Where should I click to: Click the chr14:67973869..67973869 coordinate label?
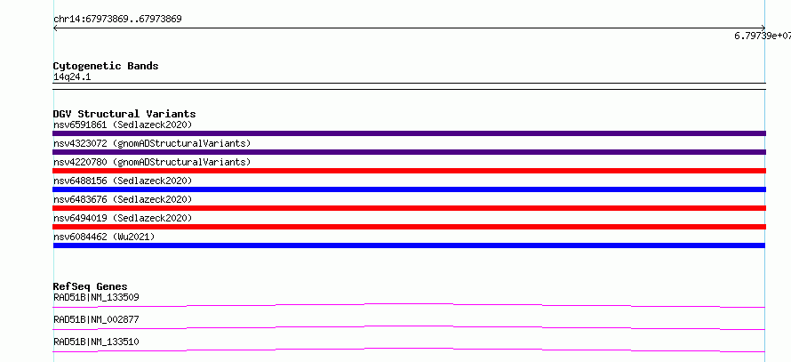pyautogui.click(x=117, y=20)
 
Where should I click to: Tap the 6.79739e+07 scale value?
pyautogui.click(x=763, y=36)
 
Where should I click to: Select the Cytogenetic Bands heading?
pyautogui.click(x=106, y=66)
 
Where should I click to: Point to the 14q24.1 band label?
pyautogui.click(x=72, y=77)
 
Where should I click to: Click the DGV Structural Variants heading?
pyautogui.click(x=124, y=114)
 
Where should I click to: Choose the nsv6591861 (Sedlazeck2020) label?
pyautogui.click(x=123, y=125)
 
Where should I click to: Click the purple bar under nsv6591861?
pyautogui.click(x=409, y=133)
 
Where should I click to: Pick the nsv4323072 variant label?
pyautogui.click(x=152, y=143)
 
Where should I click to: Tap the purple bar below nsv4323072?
pyautogui.click(x=409, y=152)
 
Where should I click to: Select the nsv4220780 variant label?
pyautogui.click(x=152, y=162)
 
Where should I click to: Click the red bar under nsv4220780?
pyautogui.click(x=409, y=171)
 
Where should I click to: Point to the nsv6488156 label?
pyautogui.click(x=123, y=181)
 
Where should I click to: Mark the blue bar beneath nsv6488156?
pyautogui.click(x=409, y=189)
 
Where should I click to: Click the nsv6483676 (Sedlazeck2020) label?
pyautogui.click(x=123, y=199)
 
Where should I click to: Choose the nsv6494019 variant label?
pyautogui.click(x=123, y=218)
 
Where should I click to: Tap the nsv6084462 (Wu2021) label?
pyautogui.click(x=104, y=237)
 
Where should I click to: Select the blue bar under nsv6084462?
pyautogui.click(x=409, y=245)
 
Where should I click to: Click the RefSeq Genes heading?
pyautogui.click(x=91, y=286)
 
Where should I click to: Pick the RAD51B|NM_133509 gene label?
pyautogui.click(x=96, y=297)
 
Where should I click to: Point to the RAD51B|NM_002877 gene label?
pyautogui.click(x=96, y=319)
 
